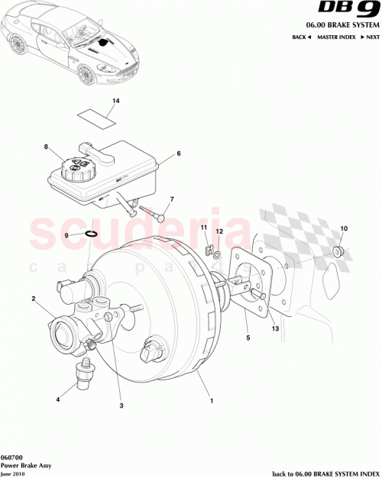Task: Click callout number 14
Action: [x=116, y=101]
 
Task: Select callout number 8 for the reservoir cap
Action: [x=46, y=147]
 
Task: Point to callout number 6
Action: [x=178, y=153]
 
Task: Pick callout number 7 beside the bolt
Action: [x=172, y=199]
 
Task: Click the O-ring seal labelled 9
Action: [x=90, y=234]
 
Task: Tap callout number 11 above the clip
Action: [x=204, y=228]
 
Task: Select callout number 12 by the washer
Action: [x=219, y=231]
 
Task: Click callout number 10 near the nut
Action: [x=343, y=228]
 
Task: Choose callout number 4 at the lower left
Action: [x=57, y=399]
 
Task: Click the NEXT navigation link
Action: [x=372, y=37]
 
